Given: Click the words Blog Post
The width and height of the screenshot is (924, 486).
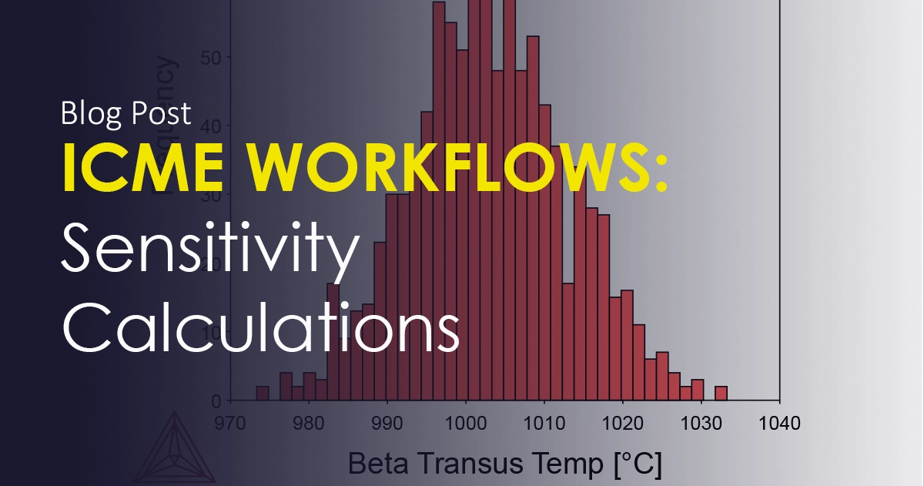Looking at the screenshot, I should [x=126, y=114].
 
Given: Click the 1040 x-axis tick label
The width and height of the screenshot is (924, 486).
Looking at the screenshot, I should [x=780, y=423].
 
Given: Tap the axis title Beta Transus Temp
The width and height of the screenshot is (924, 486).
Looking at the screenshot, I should [x=505, y=464].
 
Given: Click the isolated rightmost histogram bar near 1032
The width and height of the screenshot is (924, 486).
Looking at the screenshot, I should [x=721, y=394].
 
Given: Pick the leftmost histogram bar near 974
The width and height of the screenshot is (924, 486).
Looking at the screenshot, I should [x=263, y=394].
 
